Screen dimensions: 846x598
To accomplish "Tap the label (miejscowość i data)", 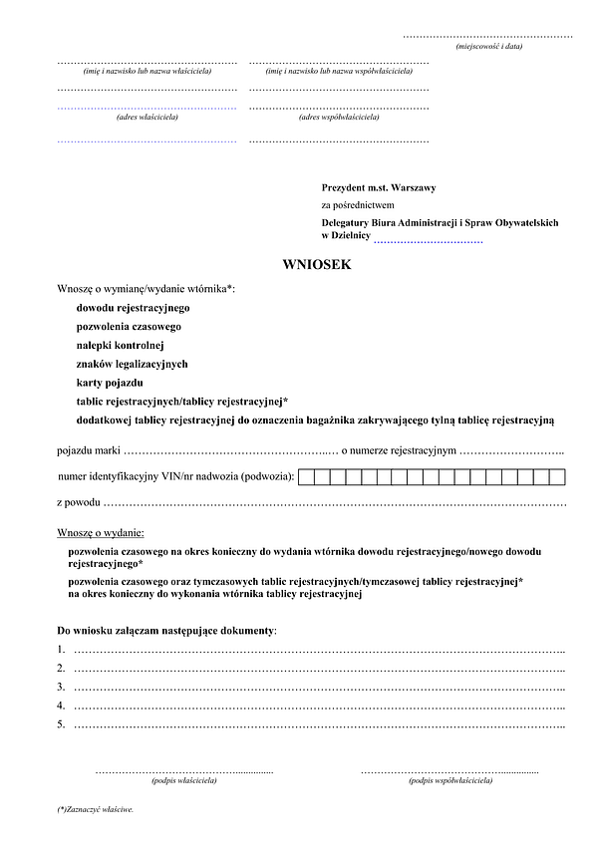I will (x=488, y=46).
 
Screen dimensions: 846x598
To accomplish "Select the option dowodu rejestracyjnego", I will (x=133, y=308).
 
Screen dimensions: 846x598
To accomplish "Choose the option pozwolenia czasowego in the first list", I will (x=129, y=326).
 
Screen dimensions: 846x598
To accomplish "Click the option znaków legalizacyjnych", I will (x=132, y=364).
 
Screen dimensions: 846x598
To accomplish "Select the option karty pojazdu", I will (x=110, y=383).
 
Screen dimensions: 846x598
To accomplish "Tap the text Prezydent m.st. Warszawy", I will (x=378, y=187).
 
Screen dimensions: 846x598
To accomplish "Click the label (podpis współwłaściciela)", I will (x=449, y=779).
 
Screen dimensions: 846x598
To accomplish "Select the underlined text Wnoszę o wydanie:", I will (x=101, y=532).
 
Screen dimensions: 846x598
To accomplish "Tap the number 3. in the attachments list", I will (x=62, y=687).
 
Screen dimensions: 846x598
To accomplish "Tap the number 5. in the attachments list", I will (x=62, y=724).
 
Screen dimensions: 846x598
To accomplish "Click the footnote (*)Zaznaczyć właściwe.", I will (x=96, y=810).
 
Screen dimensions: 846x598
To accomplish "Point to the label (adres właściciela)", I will (x=148, y=117).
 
